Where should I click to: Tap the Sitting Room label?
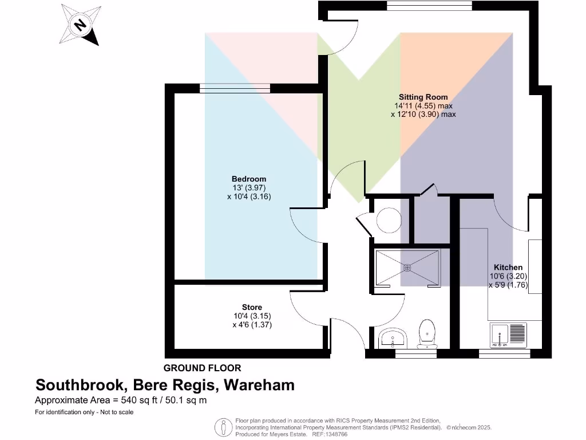(x=423, y=97)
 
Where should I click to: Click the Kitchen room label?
(x=508, y=267)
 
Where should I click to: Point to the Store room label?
(x=252, y=308)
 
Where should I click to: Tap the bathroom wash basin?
(x=393, y=336)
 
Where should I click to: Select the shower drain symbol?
(x=407, y=267)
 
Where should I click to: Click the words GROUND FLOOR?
(x=202, y=368)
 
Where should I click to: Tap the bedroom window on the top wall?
(x=235, y=89)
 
